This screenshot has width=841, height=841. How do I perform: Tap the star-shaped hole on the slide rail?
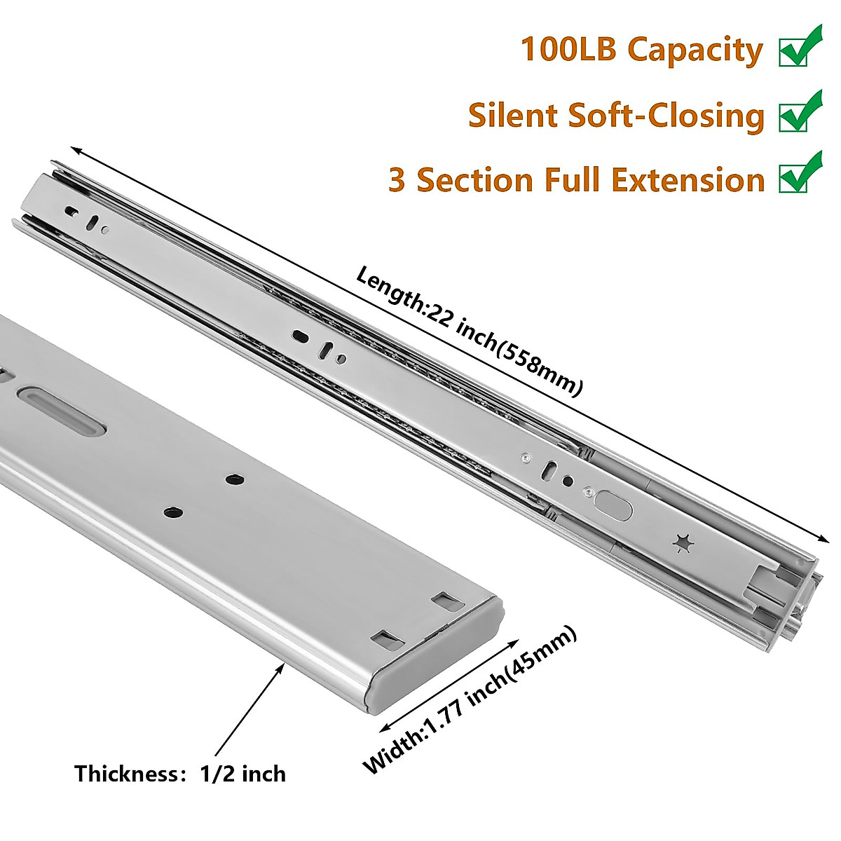(x=682, y=542)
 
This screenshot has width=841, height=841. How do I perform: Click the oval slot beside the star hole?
(x=613, y=506)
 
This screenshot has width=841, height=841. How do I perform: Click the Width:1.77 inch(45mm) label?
(x=470, y=701)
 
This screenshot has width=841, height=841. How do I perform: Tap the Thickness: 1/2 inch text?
(x=180, y=774)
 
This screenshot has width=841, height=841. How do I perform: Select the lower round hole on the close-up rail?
(x=172, y=512)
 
